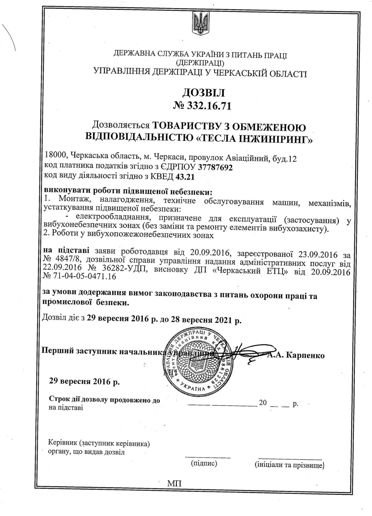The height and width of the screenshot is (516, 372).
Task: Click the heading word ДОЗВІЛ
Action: (203, 93)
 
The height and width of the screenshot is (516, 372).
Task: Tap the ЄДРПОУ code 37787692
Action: (215, 168)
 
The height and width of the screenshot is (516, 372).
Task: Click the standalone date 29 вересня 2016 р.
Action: (84, 382)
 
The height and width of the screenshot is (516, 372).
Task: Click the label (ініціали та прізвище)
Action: (289, 465)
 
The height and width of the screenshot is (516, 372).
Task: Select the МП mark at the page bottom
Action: (174, 483)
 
